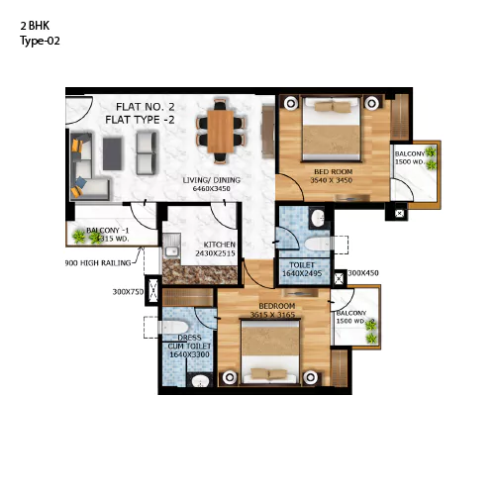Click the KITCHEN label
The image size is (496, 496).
(219, 244)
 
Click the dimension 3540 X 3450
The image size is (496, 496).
(331, 181)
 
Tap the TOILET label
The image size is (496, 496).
(302, 264)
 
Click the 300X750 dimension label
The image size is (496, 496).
(128, 292)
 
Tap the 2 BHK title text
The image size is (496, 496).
(37, 27)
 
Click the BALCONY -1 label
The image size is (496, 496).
(110, 230)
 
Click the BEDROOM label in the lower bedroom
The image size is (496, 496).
(277, 307)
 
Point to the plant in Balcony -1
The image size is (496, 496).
(78, 235)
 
